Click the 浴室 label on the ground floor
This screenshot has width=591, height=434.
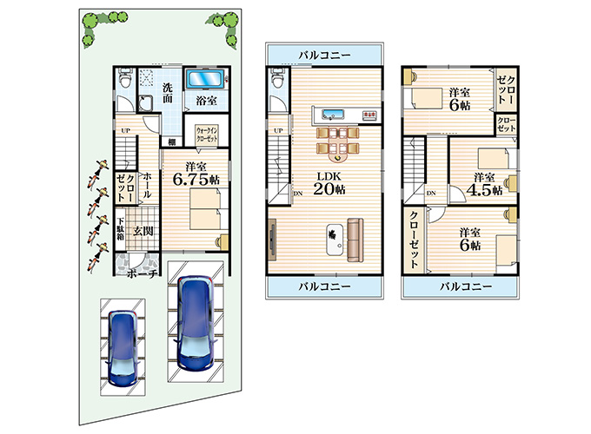click(x=206, y=102)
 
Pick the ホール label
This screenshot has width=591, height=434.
click(x=147, y=184)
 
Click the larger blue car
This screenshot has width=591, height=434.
click(x=194, y=322)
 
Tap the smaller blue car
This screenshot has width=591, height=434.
click(x=123, y=345)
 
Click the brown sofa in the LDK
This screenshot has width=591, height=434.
click(x=354, y=240)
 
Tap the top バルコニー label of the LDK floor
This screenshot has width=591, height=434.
click(x=323, y=56)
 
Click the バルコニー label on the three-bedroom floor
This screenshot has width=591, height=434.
click(x=465, y=286)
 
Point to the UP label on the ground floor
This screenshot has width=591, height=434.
click(x=125, y=131)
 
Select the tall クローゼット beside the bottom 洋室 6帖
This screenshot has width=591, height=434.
click(x=416, y=239)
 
